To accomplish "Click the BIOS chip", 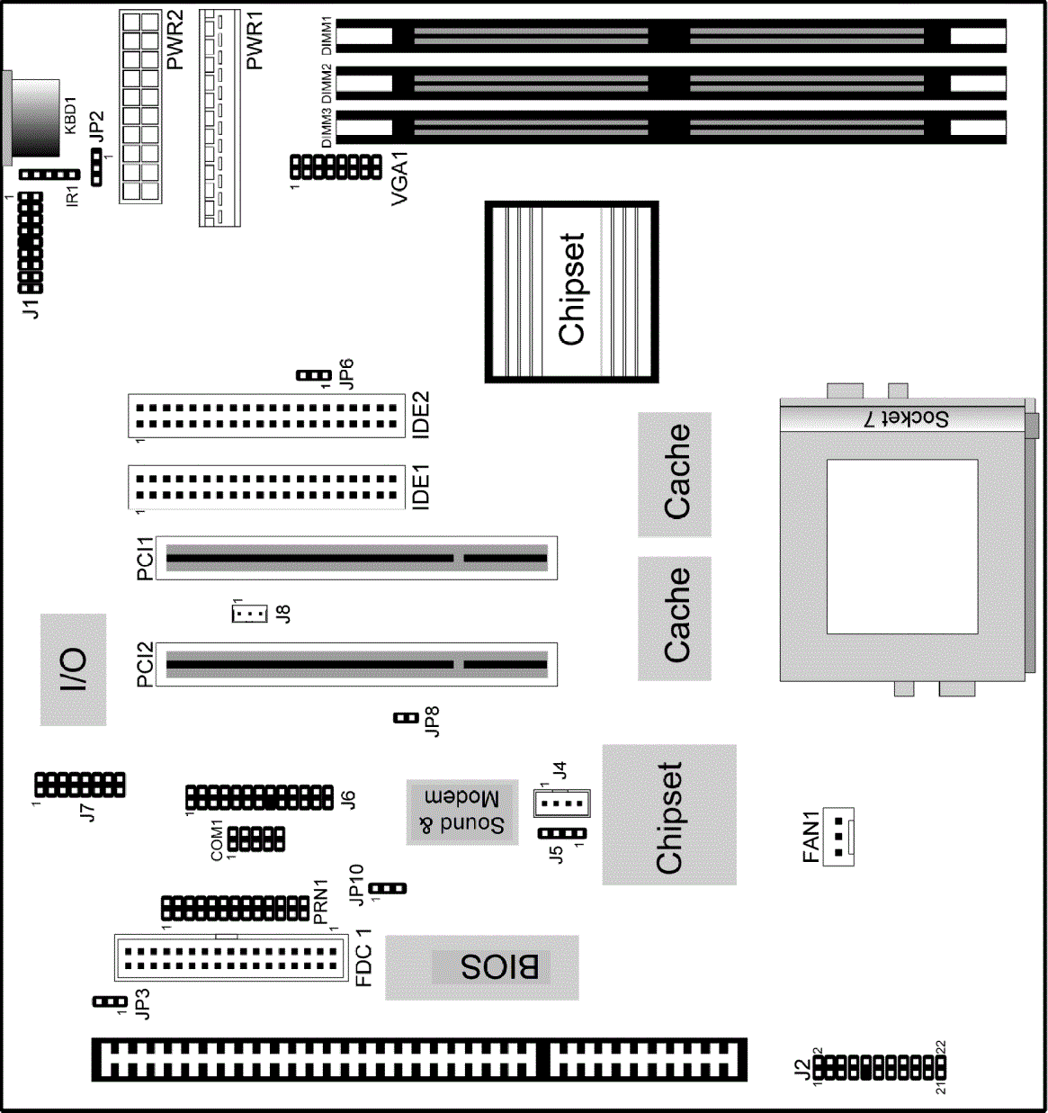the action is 482,967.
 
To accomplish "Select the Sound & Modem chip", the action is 462,812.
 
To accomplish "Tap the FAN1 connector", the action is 838,837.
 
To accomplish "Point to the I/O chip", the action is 73,669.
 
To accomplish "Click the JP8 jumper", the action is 407,718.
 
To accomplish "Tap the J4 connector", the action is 561,803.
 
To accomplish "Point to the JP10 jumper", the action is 389,888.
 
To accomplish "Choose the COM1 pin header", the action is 256,839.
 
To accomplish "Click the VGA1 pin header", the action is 336,166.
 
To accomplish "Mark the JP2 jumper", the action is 97,167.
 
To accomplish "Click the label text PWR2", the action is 175,42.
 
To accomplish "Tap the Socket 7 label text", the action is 907,418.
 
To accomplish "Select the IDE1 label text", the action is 420,487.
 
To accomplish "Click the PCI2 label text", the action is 145,664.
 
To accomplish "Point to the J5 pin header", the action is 562,834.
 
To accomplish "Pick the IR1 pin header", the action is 49,175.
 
